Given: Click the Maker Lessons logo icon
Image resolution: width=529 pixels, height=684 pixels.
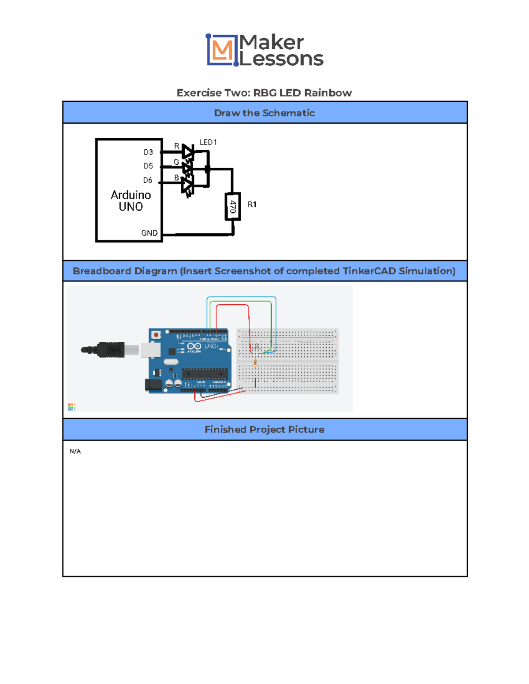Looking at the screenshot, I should [x=222, y=50].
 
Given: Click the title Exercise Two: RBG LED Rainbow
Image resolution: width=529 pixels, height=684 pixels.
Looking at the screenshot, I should [x=264, y=93].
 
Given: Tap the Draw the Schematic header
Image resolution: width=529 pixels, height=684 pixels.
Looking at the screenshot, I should [x=264, y=113].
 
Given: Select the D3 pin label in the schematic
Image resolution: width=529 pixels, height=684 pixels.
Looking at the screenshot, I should [x=148, y=152].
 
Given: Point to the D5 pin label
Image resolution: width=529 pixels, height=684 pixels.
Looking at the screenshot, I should [x=148, y=166].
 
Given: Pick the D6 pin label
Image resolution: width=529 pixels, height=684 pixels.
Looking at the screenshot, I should [x=148, y=180].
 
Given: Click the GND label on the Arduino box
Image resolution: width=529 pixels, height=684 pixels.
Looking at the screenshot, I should [x=149, y=233].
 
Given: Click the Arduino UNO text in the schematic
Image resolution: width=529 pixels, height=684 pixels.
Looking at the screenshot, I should [x=131, y=201].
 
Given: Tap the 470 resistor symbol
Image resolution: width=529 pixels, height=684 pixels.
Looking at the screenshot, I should [x=233, y=206].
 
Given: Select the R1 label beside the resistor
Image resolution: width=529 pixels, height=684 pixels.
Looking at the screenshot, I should [x=252, y=204].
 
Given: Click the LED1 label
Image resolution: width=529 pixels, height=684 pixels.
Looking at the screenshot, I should [x=208, y=142].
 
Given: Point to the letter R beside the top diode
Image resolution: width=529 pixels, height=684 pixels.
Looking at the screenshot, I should [x=177, y=146].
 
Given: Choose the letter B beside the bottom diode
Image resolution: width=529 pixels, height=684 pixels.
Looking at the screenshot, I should [x=177, y=178].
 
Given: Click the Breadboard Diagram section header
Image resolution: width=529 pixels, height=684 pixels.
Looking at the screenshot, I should [x=264, y=271].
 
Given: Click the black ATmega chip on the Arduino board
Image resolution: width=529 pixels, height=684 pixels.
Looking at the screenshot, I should [x=205, y=374].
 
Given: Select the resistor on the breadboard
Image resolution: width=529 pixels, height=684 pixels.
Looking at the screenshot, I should [x=255, y=363].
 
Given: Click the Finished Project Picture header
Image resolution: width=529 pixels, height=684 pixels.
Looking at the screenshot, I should [x=264, y=429].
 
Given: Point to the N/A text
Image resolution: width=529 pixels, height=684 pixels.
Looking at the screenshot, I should [x=75, y=451].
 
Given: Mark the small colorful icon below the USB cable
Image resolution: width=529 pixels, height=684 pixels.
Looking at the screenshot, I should [x=72, y=407].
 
